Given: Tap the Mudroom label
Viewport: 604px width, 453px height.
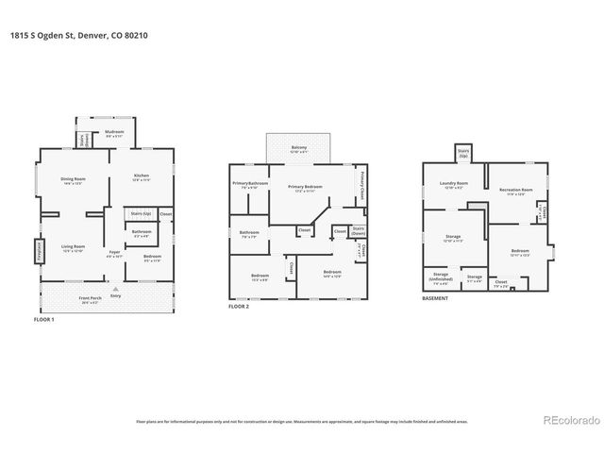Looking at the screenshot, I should [x=115, y=135].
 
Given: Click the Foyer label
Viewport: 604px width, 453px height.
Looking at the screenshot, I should [x=114, y=253].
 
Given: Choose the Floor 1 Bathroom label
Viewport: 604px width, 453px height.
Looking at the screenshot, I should [x=142, y=233].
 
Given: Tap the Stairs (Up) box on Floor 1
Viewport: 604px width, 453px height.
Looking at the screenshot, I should [x=142, y=215].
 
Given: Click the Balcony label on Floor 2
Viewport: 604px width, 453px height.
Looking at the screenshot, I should [x=298, y=147].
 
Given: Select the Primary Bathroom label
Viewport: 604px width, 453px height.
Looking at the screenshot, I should [x=250, y=185].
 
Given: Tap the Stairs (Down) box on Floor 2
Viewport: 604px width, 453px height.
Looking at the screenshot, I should [x=358, y=230].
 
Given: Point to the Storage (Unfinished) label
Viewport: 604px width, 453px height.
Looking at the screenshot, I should [x=441, y=279].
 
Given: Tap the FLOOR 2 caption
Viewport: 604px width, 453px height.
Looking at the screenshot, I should [x=242, y=307].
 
